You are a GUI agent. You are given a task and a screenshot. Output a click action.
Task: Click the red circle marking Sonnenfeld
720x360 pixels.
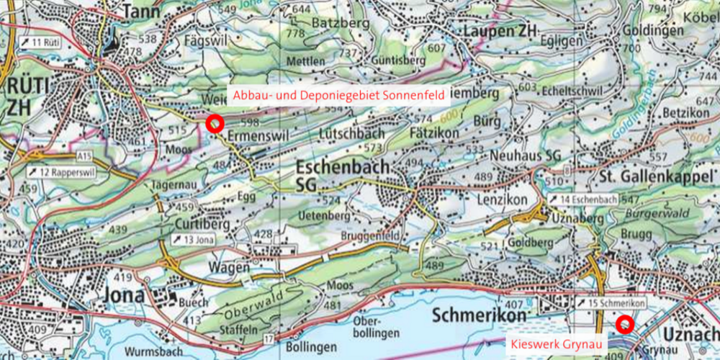point(213,122)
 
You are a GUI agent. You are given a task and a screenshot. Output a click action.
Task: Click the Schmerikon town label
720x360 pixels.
point(481,315)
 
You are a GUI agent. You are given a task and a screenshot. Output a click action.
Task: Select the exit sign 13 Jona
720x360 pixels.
point(192,239)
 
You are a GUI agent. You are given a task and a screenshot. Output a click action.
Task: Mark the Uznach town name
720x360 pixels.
point(689,336)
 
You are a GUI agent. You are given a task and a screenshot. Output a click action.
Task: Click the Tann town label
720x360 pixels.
point(140,12)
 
